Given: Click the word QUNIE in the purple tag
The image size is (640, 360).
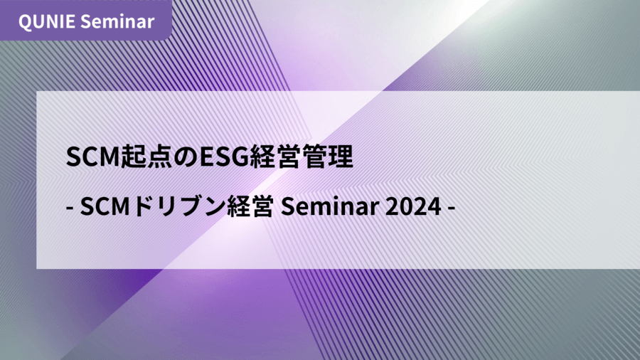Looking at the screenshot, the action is (46, 21).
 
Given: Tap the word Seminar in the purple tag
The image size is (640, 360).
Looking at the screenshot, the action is (117, 21).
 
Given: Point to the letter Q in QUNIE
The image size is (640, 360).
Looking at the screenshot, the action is (25, 22).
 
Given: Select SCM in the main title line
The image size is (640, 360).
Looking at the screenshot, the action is (92, 157).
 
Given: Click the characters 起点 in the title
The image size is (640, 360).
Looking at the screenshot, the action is (146, 157).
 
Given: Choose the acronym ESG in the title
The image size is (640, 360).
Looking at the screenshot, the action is (224, 157).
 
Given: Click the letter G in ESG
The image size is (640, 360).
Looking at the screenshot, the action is (240, 157).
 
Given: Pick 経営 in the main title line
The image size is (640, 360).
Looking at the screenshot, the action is (275, 157).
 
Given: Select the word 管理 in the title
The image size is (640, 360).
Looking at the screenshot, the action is (328, 157).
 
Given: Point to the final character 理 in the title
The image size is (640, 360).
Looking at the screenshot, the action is (341, 157).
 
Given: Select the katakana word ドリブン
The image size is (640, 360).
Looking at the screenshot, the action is (178, 206).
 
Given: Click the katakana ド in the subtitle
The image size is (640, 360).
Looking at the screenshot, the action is (144, 206).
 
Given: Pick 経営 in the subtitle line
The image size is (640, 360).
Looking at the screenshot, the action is (250, 206).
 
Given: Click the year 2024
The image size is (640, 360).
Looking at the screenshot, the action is (413, 206).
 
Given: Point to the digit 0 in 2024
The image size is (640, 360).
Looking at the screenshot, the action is (406, 206).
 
